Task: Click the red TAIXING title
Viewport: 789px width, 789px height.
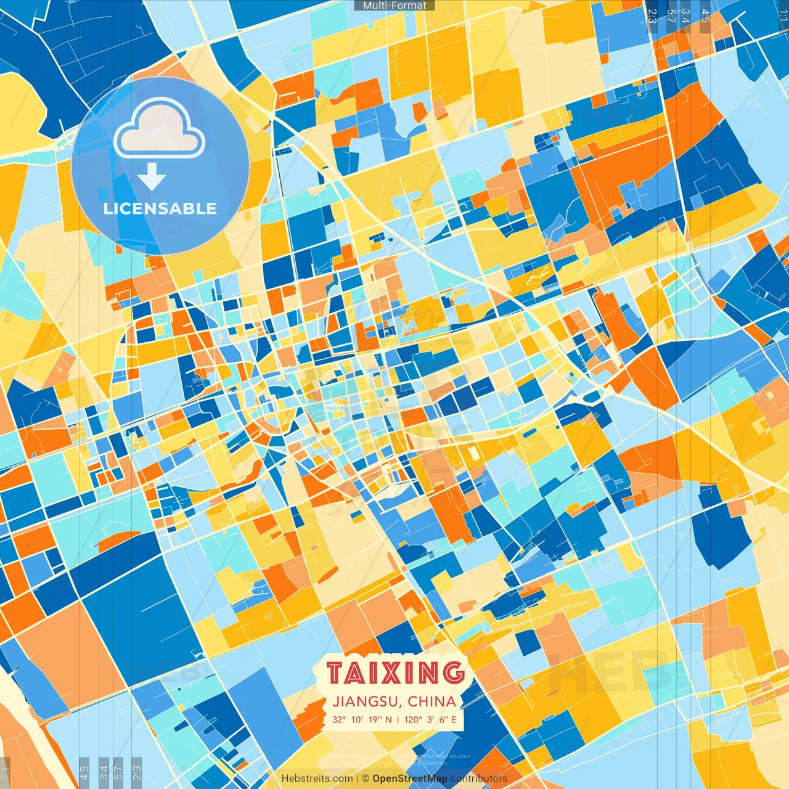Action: click(395, 672)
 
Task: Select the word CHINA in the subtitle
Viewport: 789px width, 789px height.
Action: click(431, 701)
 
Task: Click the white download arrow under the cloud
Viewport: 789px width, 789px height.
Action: click(152, 178)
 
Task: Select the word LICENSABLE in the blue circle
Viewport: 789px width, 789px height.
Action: click(160, 208)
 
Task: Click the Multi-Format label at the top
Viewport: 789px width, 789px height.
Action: click(394, 6)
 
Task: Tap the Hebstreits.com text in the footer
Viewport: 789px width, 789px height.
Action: click(317, 779)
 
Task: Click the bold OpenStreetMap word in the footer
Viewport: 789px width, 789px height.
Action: click(410, 779)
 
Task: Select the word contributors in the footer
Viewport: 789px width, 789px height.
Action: click(479, 779)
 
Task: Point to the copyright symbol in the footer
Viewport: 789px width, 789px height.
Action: click(366, 779)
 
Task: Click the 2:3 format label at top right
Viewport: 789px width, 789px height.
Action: click(652, 15)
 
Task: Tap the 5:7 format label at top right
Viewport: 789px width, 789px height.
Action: click(671, 15)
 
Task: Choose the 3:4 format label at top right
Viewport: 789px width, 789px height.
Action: click(685, 15)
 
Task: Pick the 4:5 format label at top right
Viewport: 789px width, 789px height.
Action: click(705, 15)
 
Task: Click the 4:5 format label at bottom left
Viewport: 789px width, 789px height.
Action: click(84, 771)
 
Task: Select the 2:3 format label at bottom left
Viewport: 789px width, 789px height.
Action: click(137, 771)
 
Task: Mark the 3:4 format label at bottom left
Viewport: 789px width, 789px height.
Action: click(104, 771)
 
